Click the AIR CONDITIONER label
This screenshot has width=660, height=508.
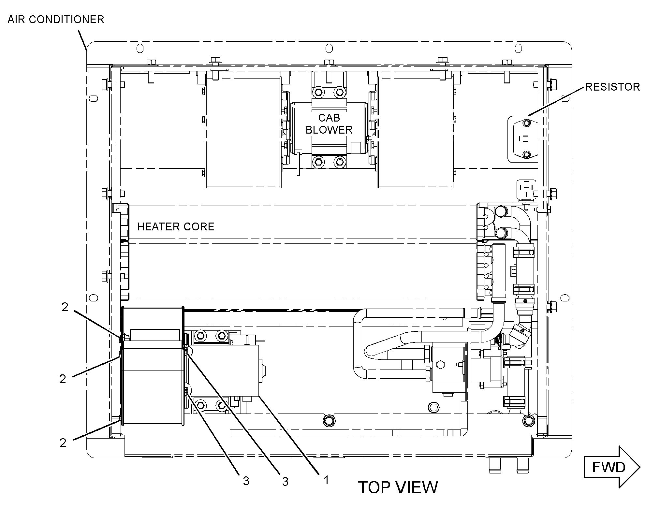(56, 20)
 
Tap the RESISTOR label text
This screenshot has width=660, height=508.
(612, 87)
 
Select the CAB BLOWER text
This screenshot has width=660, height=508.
(329, 124)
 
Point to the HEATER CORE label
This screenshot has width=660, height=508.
(176, 226)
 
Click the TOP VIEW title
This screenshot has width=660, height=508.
(398, 487)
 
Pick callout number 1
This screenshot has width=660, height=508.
(326, 480)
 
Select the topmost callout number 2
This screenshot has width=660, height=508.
(65, 307)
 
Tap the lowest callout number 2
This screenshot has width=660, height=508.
(63, 443)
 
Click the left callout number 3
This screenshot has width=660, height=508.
(246, 481)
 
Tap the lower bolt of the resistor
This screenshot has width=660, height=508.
(526, 154)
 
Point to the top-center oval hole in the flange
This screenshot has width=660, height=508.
(330, 49)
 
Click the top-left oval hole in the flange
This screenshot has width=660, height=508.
(139, 49)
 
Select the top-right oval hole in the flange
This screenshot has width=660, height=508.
(518, 49)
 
